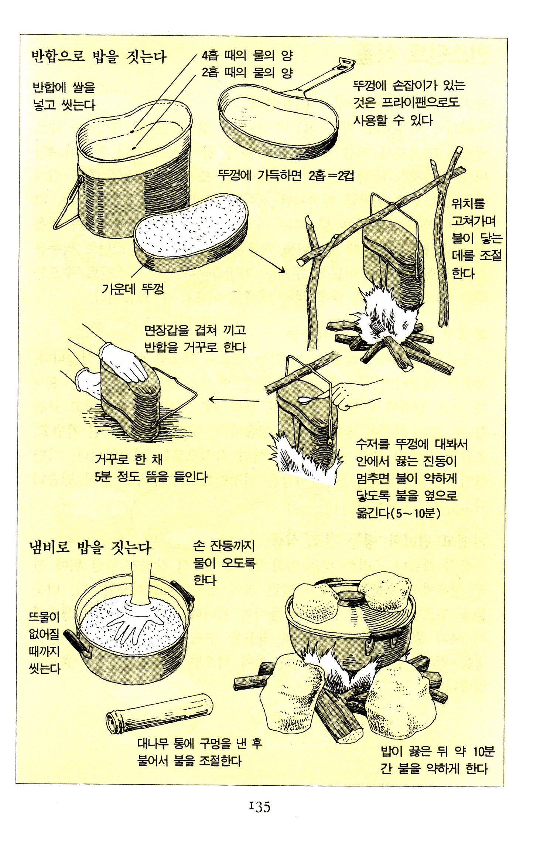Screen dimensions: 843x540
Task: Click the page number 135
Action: pos(260,806)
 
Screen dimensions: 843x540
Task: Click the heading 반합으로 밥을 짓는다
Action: pos(99,57)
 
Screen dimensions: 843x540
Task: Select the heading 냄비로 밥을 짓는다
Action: pos(90,547)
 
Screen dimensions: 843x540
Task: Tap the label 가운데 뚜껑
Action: pos(133,288)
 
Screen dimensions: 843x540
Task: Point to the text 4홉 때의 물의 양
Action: pos(247,55)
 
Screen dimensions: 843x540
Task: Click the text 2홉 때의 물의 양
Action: pos(247,72)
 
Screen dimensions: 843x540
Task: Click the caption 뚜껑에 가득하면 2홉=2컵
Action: pos(286,175)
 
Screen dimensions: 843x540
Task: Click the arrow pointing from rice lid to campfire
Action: pos(267,261)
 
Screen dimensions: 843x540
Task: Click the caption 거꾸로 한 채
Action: pos(129,459)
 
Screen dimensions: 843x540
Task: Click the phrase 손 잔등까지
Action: pos(224,546)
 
